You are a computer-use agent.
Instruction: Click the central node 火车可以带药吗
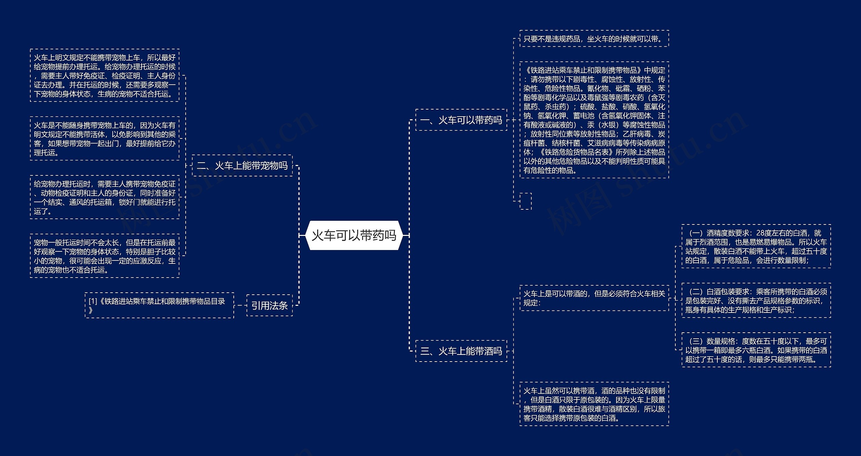coord(354,236)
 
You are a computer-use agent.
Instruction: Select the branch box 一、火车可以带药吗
coord(461,120)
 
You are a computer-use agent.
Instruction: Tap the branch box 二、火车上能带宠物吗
coord(242,166)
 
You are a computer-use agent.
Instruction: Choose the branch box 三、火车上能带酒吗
coord(461,351)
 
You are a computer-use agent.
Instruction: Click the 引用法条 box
coord(269,305)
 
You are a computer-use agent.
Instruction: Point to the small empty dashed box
coord(525,201)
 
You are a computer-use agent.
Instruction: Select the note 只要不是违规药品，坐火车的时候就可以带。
coord(594,39)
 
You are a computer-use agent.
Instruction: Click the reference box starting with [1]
coord(159,305)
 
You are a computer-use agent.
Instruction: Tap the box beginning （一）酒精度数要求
coord(756,246)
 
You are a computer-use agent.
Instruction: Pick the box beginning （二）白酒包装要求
coord(756,300)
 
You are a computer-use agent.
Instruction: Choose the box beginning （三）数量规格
coord(756,350)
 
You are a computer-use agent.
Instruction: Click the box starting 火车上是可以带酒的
coord(594,298)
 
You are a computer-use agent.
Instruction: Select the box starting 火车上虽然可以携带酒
coord(594,404)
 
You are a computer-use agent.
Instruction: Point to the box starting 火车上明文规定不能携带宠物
coord(105,76)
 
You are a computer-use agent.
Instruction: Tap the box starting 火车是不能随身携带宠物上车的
coord(105,139)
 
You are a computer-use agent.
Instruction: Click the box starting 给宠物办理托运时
coord(105,197)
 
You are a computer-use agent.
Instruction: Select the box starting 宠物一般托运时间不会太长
coord(105,256)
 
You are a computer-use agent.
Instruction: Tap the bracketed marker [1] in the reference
coord(92,301)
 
